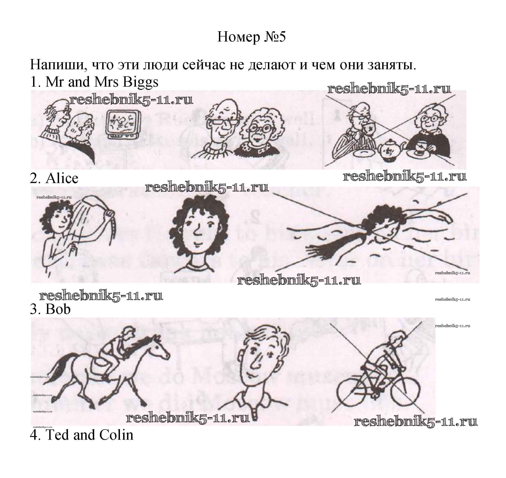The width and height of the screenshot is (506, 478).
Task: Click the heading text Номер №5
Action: click(251, 37)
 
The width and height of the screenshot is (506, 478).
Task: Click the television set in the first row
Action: click(123, 125)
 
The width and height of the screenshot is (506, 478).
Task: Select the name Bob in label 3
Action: click(58, 309)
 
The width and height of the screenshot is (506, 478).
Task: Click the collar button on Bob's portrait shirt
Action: click(254, 417)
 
